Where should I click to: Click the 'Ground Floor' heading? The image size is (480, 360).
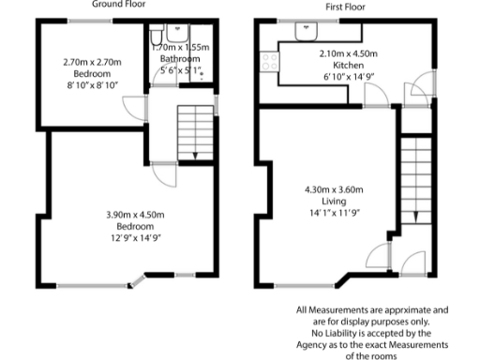125,5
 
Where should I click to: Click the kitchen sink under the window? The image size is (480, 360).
307,31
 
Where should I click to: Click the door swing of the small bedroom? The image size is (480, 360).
137,105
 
